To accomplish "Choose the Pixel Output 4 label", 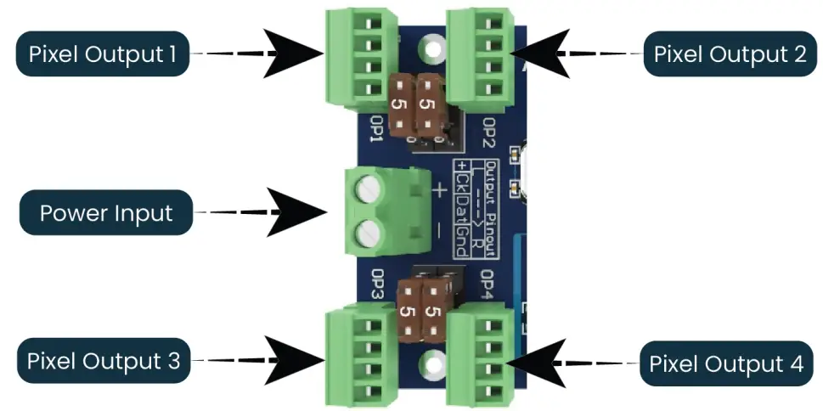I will [726, 364].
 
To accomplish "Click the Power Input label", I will [106, 212].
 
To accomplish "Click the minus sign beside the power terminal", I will [439, 230].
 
